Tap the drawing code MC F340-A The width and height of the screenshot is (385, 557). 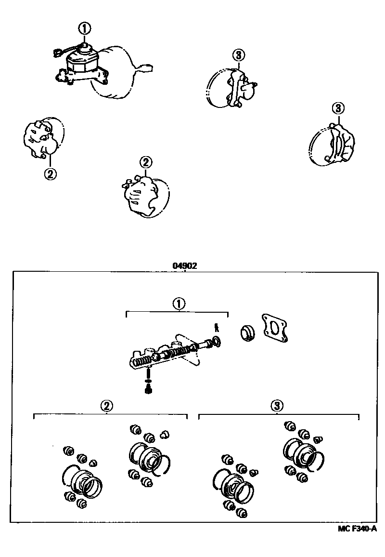pos(357,529)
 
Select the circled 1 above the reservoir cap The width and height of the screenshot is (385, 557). pos(85,28)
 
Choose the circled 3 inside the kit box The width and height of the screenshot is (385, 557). pos(275,406)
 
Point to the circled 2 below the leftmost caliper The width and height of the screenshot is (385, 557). pos(50,173)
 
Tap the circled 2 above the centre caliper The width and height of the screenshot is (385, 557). pos(145,162)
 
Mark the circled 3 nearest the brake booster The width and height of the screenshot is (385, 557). pos(238,55)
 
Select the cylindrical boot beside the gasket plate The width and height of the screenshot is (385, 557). pos(248,332)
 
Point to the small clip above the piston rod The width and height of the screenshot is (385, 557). pos(217,328)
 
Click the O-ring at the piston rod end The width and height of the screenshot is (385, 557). pos(217,342)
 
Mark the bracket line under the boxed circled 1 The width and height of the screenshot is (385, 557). pos(177,312)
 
